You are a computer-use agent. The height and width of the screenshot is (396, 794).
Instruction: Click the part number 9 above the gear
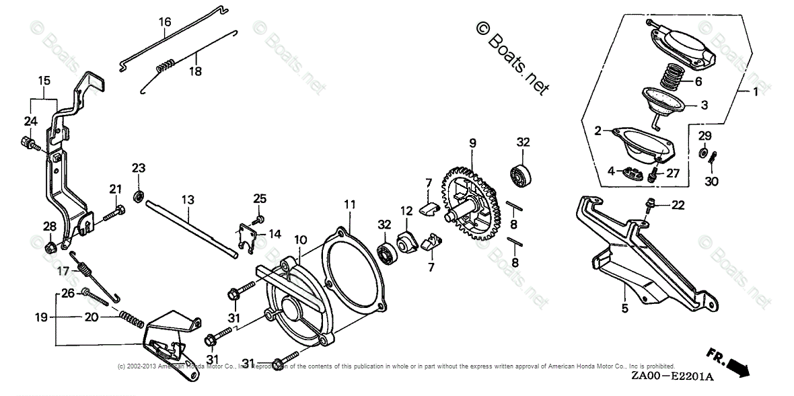tap(472, 143)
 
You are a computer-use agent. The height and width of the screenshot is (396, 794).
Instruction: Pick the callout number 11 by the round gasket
tap(349, 204)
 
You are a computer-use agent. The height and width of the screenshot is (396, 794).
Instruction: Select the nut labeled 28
tap(49, 248)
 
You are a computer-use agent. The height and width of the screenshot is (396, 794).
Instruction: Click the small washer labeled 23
tap(138, 196)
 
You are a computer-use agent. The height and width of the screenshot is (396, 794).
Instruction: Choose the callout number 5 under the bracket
tap(624, 310)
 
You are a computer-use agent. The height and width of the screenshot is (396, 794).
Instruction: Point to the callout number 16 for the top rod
tap(165, 22)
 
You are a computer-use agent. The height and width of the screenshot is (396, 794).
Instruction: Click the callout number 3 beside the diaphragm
tap(704, 106)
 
